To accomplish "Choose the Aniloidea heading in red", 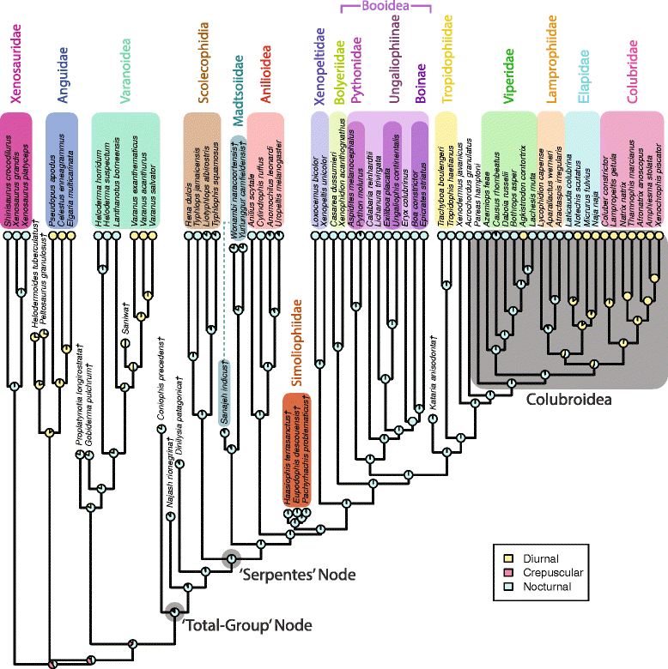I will (266, 75).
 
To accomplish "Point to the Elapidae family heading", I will (583, 80).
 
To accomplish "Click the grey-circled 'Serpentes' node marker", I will (231, 559).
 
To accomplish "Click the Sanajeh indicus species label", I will (221, 399).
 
